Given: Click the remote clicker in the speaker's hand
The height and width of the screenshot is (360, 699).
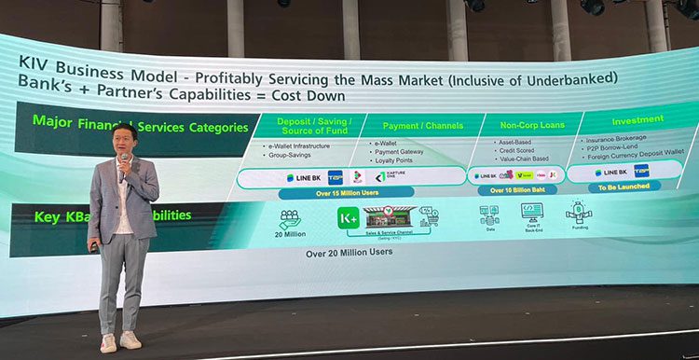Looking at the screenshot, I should click(93, 247).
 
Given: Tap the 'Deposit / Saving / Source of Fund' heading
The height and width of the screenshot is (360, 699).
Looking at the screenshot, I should click(314, 128).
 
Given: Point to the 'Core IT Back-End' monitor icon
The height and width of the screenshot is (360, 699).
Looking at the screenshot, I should click(531, 212).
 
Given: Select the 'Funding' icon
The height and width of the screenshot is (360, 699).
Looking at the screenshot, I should click(579, 210).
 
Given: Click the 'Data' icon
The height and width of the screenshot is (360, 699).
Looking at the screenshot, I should click(489, 215).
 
